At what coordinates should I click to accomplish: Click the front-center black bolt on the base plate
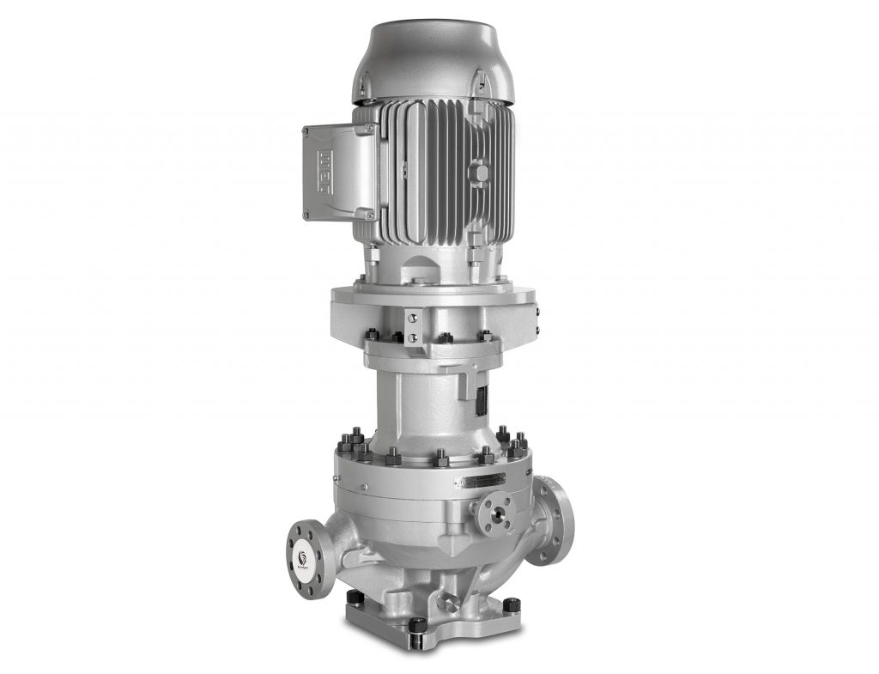coord(416,625)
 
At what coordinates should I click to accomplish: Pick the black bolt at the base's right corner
coord(511,604)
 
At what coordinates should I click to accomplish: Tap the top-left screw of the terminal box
coord(305,131)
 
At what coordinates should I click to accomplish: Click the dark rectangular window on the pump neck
coord(482,399)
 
